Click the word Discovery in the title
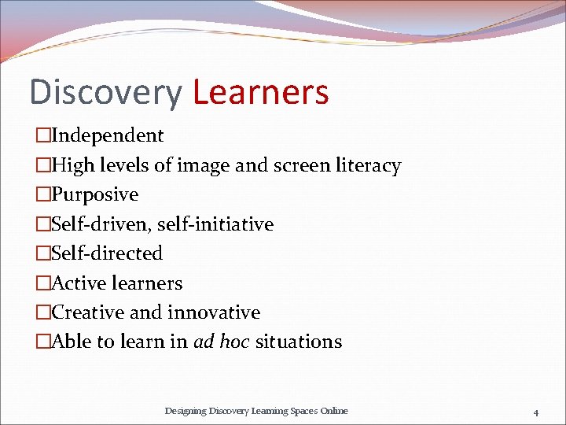[x=105, y=92]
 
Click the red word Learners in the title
[x=260, y=92]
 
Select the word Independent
[x=107, y=135]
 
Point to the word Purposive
[x=94, y=194]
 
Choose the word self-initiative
[x=215, y=224]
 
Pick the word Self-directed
[x=106, y=253]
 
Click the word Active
[x=79, y=283]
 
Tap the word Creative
[x=87, y=312]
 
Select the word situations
[x=299, y=342]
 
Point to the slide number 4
[x=535, y=412]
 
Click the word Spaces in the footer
[x=300, y=411]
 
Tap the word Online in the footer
[x=334, y=411]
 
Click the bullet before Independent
[x=43, y=135]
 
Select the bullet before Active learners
[x=43, y=283]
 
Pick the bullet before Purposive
[x=43, y=194]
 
